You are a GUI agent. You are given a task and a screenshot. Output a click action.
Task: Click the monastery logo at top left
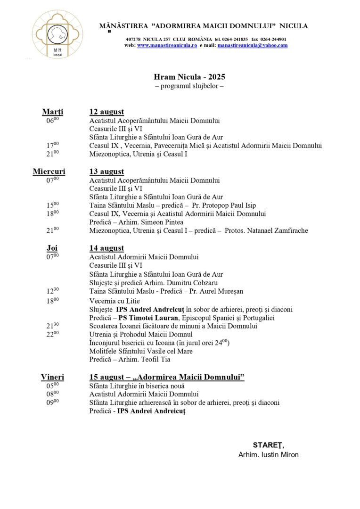point(57,34)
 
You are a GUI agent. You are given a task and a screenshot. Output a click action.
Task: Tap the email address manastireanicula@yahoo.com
point(252,45)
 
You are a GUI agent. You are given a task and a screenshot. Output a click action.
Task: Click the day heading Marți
point(53,112)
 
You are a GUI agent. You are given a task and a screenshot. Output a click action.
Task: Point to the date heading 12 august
point(107,112)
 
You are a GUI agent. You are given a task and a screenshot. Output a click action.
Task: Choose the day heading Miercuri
point(49,172)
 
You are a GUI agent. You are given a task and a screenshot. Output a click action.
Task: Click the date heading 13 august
point(107,172)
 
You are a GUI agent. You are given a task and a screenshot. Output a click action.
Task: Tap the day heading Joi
point(52,248)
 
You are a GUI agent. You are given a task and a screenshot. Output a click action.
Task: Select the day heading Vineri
point(52,377)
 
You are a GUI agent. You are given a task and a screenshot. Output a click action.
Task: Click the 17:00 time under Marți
point(52,146)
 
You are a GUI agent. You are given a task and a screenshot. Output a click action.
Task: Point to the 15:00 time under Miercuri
point(52,205)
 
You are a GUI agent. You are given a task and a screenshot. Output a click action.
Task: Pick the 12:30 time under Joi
point(52,291)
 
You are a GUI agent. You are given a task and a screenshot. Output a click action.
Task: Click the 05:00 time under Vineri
point(52,386)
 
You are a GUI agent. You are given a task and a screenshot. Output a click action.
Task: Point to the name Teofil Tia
point(155,360)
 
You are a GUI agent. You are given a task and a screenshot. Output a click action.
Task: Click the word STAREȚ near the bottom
point(268,445)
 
